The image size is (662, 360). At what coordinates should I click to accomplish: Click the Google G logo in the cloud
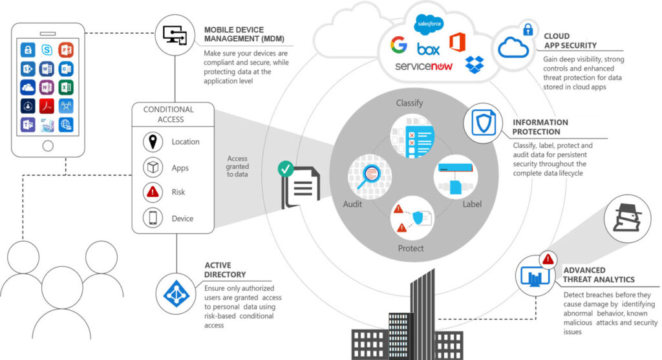point(398,45)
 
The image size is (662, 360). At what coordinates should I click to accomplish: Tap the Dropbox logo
point(475,65)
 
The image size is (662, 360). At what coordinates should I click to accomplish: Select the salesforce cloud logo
point(429,24)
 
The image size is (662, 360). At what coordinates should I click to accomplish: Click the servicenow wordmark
point(423,67)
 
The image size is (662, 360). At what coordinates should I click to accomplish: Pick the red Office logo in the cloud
point(457,42)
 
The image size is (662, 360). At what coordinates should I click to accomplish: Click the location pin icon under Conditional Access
point(153,142)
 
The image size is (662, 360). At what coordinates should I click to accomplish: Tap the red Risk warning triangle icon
point(153,193)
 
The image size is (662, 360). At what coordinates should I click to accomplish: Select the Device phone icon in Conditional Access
point(153,218)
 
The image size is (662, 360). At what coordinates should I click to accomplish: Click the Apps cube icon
point(153,167)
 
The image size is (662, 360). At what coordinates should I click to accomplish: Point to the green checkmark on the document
point(286,169)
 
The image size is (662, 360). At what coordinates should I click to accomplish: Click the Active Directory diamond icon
point(176,294)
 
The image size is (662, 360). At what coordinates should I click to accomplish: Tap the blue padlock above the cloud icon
point(528,29)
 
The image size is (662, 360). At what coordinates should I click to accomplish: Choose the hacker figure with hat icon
point(627,218)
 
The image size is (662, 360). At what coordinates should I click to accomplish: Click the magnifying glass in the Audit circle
point(368,176)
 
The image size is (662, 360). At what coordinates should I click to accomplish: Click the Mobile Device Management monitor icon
point(175,35)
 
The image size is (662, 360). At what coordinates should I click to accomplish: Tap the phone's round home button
point(48,145)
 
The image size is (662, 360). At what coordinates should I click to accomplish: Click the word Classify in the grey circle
point(409,103)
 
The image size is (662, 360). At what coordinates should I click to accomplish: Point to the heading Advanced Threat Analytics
point(599,275)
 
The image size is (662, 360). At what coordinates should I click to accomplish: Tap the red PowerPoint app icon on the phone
point(66,50)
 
